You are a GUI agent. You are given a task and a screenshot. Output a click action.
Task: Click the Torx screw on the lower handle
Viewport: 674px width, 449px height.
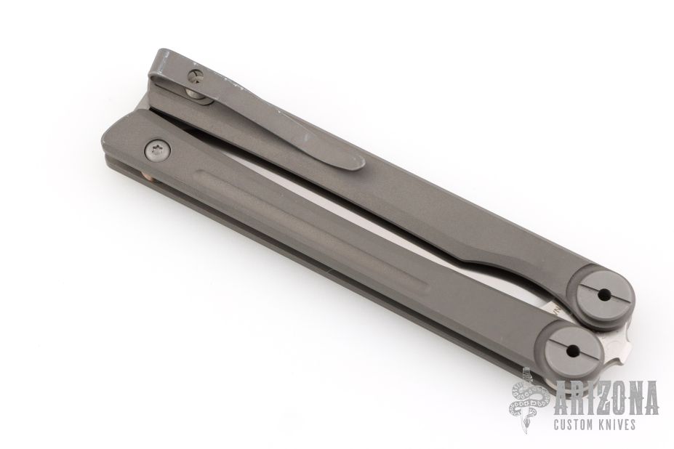pos(156,150)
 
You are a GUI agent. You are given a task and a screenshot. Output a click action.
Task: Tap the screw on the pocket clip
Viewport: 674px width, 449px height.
pos(195,76)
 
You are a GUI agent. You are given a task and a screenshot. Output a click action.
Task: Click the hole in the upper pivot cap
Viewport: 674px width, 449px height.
pos(605,295)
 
